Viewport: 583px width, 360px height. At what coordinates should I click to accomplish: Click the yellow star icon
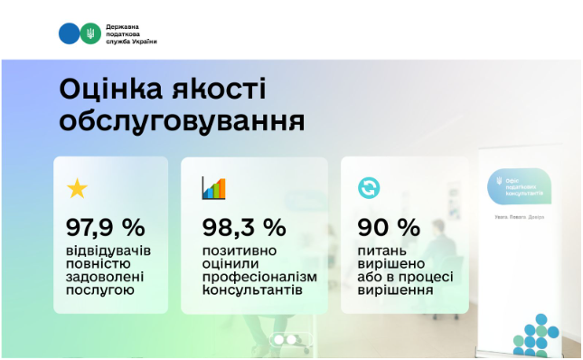[78, 188]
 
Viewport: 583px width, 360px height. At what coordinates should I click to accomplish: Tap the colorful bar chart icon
[213, 188]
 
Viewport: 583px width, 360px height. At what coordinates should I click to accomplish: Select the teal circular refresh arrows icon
[369, 188]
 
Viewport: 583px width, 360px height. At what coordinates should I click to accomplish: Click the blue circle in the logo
[69, 33]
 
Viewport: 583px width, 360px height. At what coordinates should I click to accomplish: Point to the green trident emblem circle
[90, 33]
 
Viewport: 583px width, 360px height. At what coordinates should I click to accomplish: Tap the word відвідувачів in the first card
[111, 250]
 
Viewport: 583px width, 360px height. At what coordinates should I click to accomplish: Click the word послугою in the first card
[99, 291]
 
